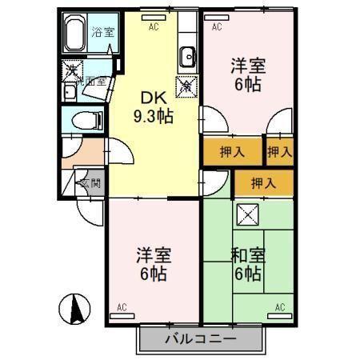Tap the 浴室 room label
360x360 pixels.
[102, 33]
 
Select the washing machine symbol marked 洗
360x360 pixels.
[72, 71]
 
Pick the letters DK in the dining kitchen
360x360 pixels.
[154, 98]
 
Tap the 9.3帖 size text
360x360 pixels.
[154, 116]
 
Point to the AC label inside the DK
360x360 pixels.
[154, 26]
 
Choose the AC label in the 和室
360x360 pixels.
[280, 307]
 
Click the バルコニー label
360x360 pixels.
[201, 338]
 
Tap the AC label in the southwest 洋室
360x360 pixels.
[122, 307]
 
